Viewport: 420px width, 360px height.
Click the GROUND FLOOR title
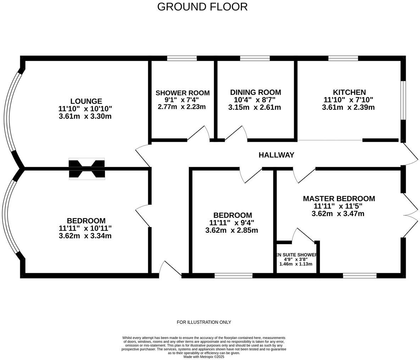(x=202, y=7)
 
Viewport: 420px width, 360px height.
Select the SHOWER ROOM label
(x=182, y=93)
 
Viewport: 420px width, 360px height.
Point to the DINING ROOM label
(x=255, y=92)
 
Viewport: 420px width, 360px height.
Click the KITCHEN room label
(x=349, y=92)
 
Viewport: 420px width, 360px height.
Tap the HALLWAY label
(x=276, y=155)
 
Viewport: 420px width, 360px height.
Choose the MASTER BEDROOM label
(x=339, y=199)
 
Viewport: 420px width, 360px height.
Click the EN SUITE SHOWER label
(x=296, y=255)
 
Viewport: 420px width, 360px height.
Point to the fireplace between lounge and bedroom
(x=87, y=169)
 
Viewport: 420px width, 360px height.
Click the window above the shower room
(x=182, y=58)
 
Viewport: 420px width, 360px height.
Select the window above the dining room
(x=255, y=58)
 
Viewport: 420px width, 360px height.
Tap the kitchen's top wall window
(x=343, y=58)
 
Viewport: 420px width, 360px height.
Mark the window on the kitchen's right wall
(x=403, y=101)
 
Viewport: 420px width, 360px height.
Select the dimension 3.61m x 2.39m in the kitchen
(x=348, y=107)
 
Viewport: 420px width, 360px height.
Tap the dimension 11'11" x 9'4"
(x=232, y=223)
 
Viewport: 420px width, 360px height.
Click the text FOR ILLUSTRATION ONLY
(x=204, y=322)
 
